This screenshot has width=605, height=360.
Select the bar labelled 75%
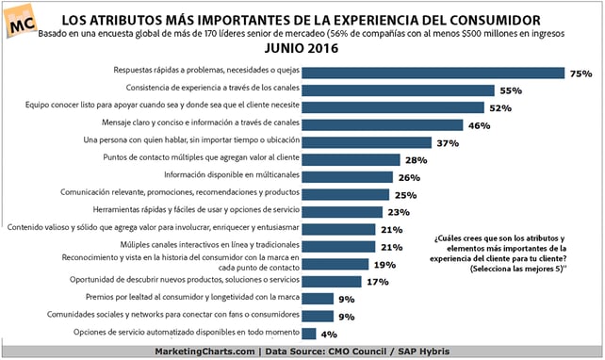pos(433,74)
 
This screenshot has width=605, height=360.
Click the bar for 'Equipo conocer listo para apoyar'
pos(392,107)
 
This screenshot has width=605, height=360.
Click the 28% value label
pos(417,160)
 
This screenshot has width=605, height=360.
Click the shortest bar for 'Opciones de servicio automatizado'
pos(309,334)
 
